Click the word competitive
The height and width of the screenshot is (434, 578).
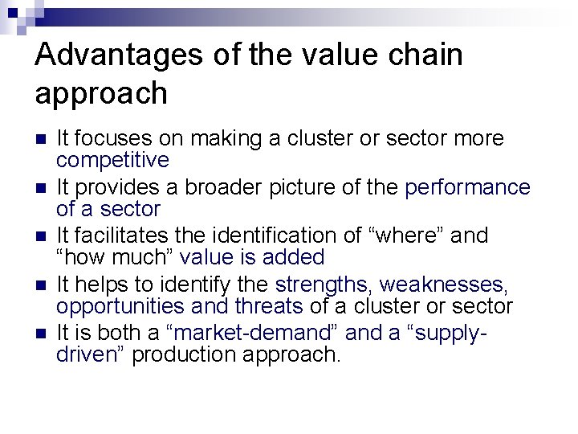112,160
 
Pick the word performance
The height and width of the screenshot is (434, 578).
468,188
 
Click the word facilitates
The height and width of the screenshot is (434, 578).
116,236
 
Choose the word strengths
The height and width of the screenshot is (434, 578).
323,285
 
